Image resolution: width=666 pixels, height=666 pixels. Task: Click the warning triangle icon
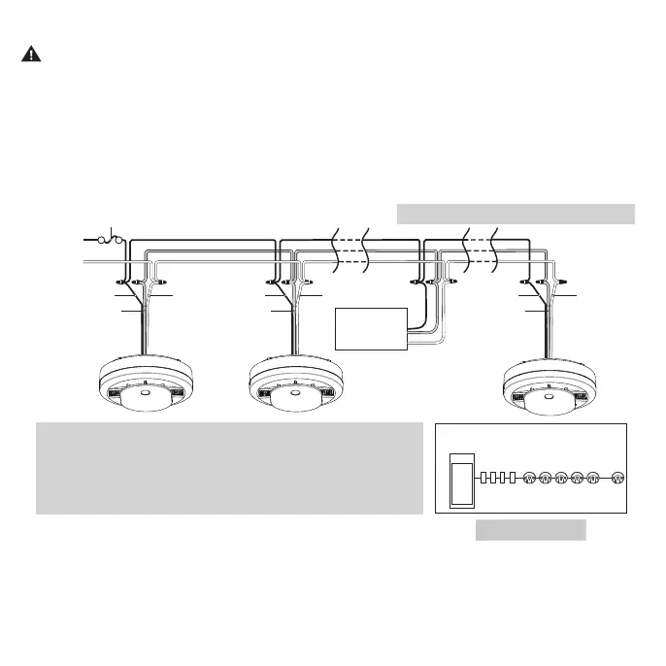(x=31, y=54)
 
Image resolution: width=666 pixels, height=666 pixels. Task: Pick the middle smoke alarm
(x=293, y=386)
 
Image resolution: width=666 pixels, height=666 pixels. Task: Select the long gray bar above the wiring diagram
(x=516, y=214)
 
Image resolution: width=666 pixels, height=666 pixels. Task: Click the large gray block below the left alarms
(x=229, y=468)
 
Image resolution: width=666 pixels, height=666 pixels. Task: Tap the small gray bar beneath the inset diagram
(x=530, y=529)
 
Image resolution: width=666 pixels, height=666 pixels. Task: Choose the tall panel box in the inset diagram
(x=462, y=477)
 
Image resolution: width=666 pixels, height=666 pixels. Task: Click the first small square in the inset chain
(x=485, y=478)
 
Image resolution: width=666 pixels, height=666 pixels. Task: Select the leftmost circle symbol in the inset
(x=530, y=478)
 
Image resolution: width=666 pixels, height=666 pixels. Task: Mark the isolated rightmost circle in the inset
(x=617, y=478)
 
